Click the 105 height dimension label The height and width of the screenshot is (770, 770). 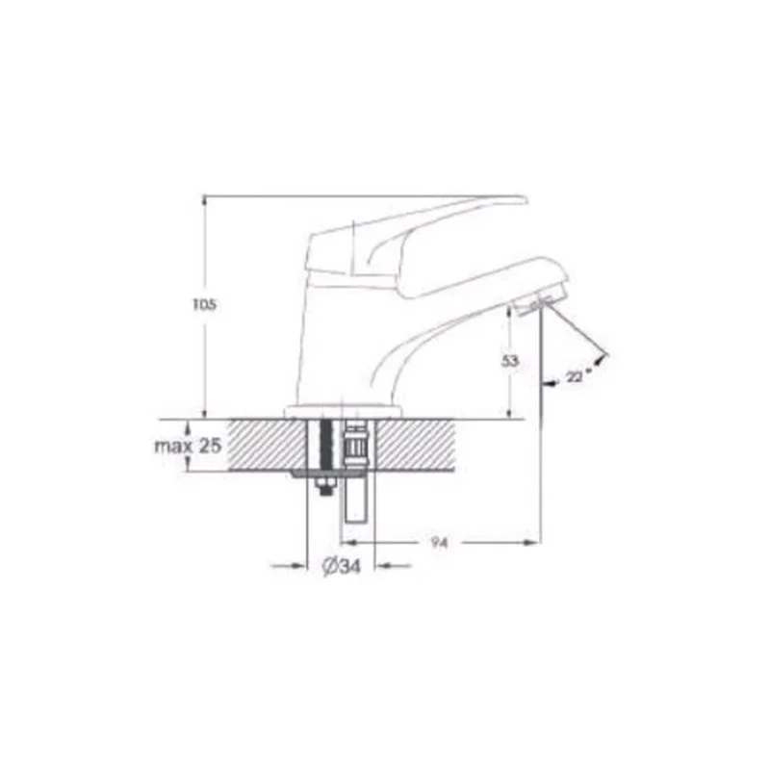204,305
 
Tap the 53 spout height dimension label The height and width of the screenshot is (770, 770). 510,361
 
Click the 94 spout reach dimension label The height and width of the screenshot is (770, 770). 440,543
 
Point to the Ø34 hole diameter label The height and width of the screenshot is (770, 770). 342,566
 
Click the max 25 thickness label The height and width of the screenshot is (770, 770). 188,446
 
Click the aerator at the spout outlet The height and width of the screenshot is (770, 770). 538,303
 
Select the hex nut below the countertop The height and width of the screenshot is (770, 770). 324,487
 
